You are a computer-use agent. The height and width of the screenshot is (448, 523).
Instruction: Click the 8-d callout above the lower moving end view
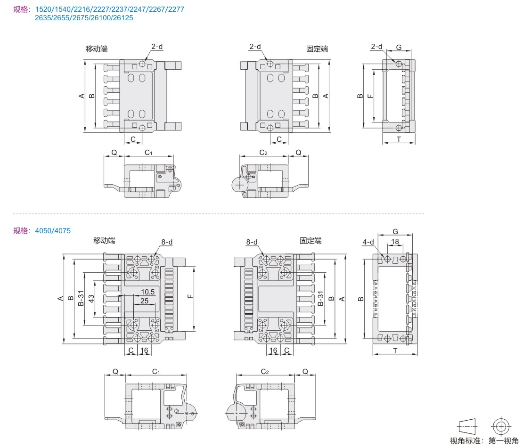point(167,242)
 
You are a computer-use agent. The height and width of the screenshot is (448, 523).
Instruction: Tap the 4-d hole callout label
point(368,242)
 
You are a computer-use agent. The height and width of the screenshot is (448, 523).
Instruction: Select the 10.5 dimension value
point(147,292)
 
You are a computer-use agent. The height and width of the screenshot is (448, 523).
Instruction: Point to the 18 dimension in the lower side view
point(395,242)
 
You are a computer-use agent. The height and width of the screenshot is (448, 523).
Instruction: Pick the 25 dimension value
point(144,301)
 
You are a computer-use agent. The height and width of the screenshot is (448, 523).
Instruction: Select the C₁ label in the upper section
point(148,152)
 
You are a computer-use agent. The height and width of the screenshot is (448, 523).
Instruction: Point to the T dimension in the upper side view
point(399,139)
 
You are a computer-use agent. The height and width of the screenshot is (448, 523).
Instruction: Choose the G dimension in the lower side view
point(395,231)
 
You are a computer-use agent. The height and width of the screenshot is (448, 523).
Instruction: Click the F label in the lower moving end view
point(189,297)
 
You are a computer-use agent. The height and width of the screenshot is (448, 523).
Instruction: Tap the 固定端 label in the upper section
point(317,49)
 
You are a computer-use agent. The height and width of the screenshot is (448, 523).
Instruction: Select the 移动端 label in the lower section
point(104,241)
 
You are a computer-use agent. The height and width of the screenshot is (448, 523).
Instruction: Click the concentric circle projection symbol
point(500,426)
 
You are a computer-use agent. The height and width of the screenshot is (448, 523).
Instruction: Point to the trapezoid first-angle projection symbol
point(467,426)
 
